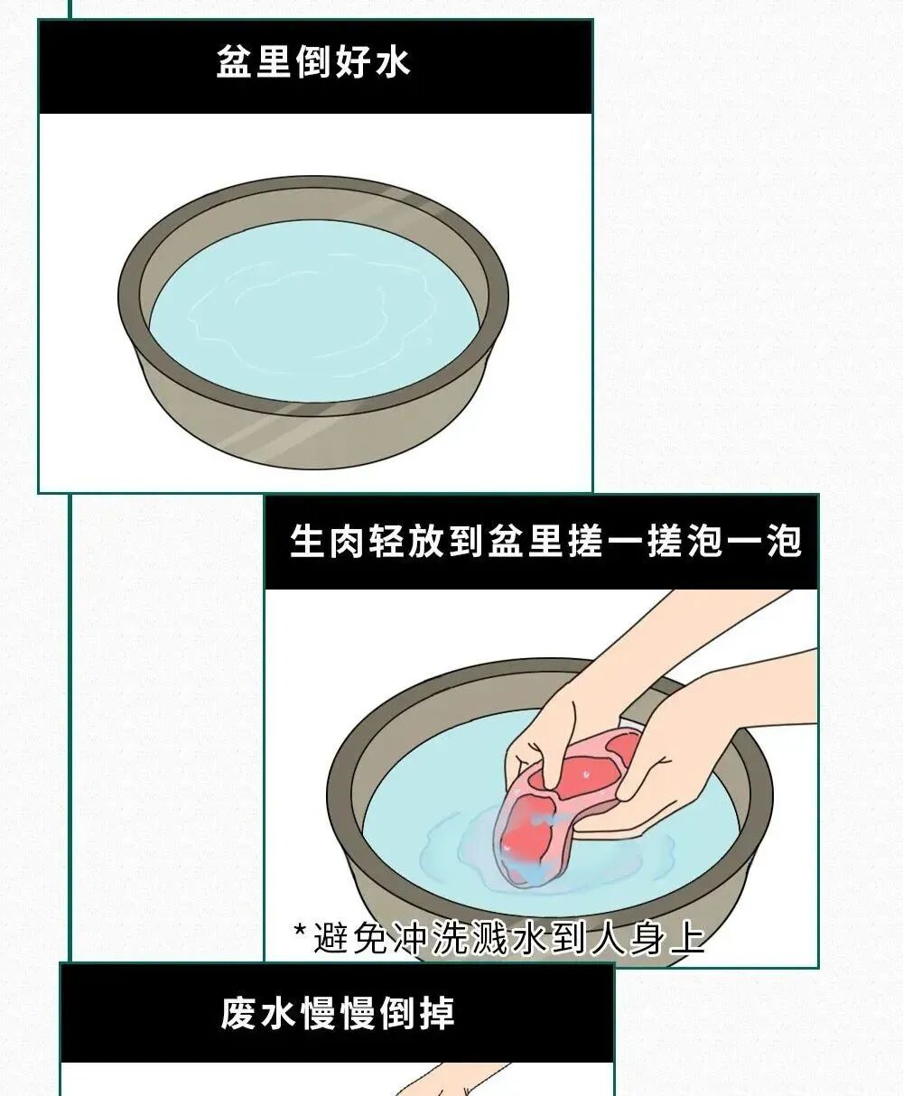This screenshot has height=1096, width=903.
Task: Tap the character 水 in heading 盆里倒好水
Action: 392,62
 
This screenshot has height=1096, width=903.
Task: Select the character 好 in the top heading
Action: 353,62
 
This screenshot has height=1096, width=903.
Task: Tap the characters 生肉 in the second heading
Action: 329,543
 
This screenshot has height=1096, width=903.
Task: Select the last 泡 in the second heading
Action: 782,543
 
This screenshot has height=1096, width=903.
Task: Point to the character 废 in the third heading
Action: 239,1013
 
